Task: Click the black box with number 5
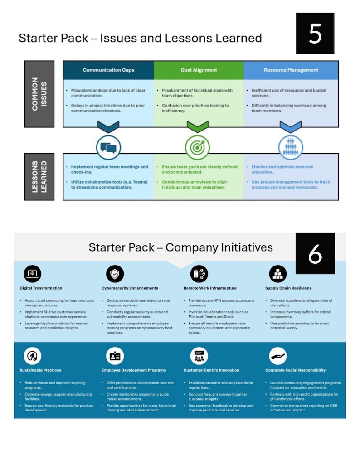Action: coord(315,34)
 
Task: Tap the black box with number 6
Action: coord(315,254)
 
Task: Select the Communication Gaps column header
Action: coord(108,70)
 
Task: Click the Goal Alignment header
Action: coord(199,70)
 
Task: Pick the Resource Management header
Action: coord(291,70)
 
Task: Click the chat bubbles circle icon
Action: coord(108,147)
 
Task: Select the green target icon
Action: coord(198,147)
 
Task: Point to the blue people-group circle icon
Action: coord(290,147)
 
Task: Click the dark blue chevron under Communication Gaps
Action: coord(108,126)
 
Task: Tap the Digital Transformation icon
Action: coord(32,274)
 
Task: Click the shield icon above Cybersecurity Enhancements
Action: coord(115,274)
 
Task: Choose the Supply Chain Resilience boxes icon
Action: coord(278,274)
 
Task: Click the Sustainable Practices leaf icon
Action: coord(32,356)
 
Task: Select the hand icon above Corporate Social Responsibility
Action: coord(278,356)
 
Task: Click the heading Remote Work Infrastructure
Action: coord(210,288)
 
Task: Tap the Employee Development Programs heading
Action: coord(134,370)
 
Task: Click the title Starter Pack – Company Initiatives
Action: coord(180,247)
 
